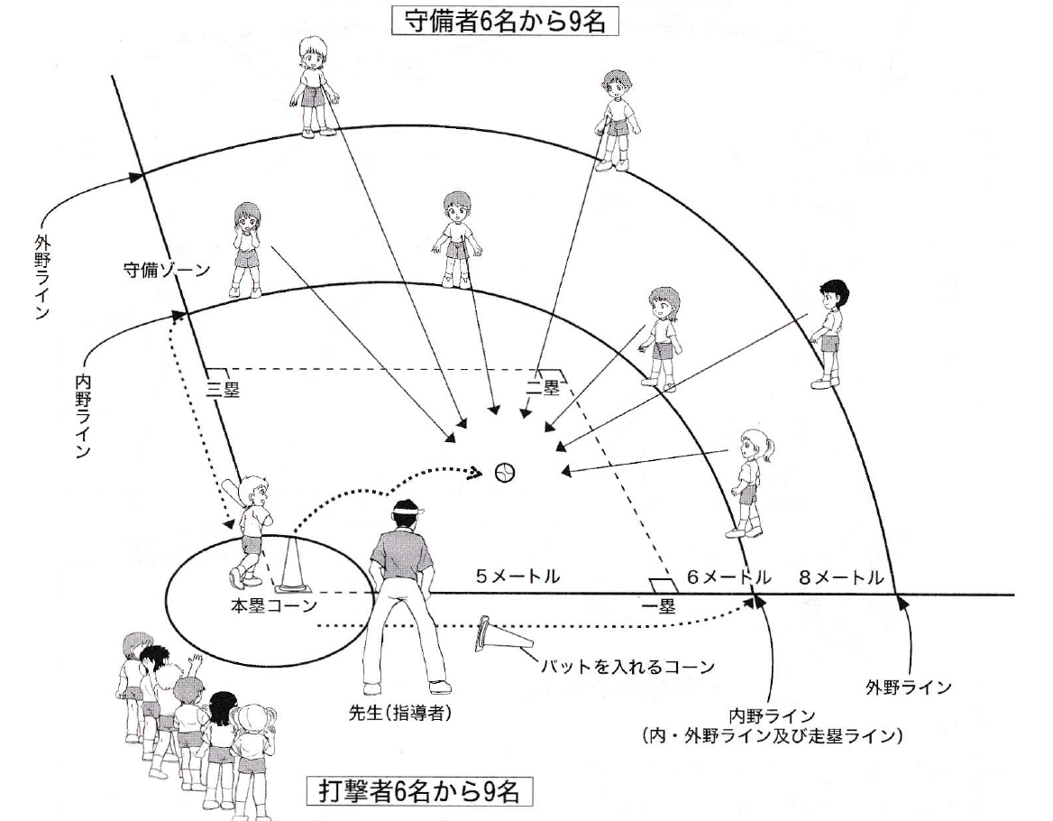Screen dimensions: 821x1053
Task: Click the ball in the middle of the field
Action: (506, 471)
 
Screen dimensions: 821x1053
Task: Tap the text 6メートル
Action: (728, 576)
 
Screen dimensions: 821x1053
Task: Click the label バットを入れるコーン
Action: (627, 669)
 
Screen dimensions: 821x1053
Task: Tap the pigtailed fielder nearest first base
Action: (746, 483)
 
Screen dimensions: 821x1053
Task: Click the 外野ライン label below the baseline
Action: (908, 688)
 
